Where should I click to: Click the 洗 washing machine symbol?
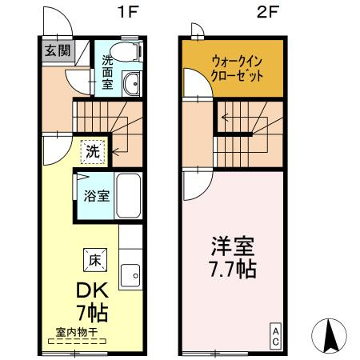coord(94,150)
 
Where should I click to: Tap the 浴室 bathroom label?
coord(98,196)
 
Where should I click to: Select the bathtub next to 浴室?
coord(129,195)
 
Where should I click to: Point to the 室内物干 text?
coord(78,330)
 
